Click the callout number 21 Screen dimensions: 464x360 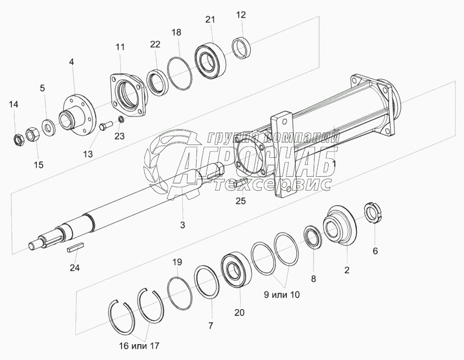tap(210, 20)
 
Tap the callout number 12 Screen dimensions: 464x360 tap(241, 15)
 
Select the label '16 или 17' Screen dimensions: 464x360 tap(139, 346)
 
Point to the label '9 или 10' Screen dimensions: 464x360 tap(282, 295)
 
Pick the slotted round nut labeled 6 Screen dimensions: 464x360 tap(373, 212)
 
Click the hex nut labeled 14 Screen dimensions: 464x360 tap(19, 139)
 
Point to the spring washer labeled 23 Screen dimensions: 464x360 tap(121, 119)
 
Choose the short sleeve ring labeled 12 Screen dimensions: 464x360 tap(241, 47)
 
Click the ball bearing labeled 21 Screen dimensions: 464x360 tap(210, 61)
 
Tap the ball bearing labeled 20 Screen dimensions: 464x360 tap(236, 269)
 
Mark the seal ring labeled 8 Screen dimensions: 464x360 tap(313, 236)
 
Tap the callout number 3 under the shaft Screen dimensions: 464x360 tap(182, 225)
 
